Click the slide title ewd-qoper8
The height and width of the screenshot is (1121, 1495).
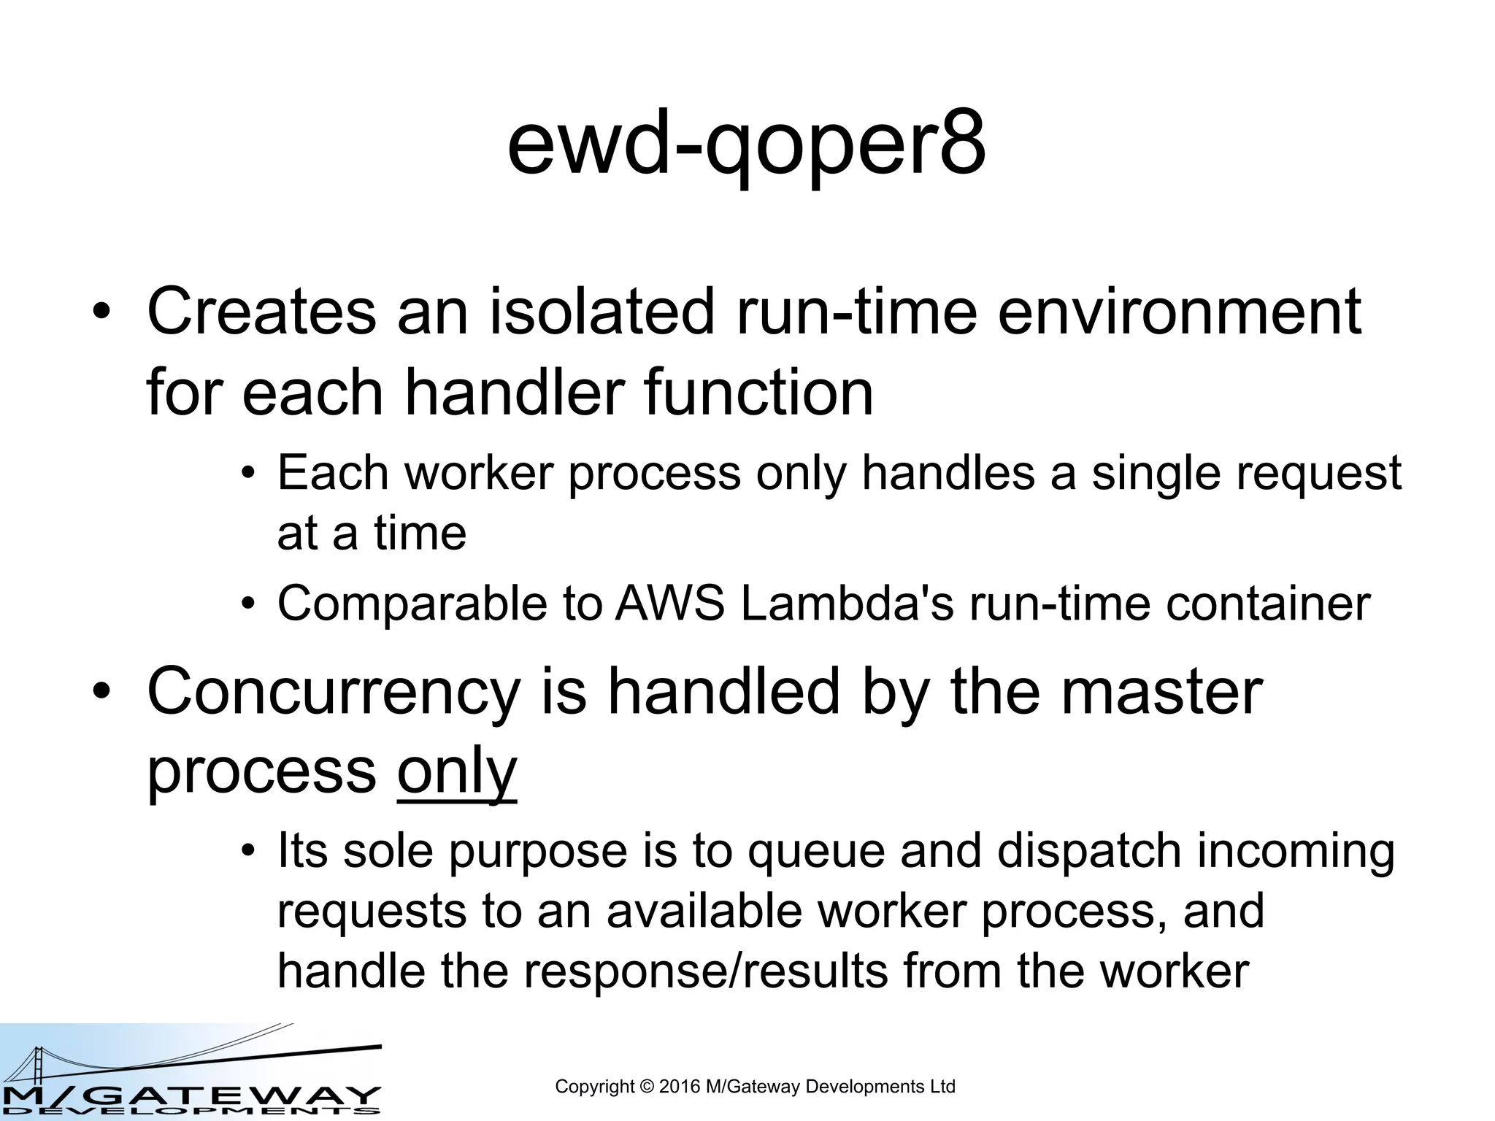pyautogui.click(x=746, y=146)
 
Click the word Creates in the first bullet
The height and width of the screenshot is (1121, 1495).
pyautogui.click(x=261, y=312)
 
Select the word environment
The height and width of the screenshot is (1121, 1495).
pyautogui.click(x=1178, y=312)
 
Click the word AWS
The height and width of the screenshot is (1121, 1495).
pyautogui.click(x=669, y=604)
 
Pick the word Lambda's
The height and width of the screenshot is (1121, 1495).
pyautogui.click(x=847, y=604)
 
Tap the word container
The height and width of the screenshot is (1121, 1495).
pyautogui.click(x=1268, y=604)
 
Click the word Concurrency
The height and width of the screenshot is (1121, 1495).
pyautogui.click(x=334, y=692)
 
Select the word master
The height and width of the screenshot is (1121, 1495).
pyautogui.click(x=1161, y=692)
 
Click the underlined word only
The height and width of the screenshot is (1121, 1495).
pyautogui.click(x=457, y=772)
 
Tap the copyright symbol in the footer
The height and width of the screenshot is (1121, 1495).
pyautogui.click(x=647, y=1087)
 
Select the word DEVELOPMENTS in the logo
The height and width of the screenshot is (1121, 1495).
pyautogui.click(x=190, y=1112)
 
